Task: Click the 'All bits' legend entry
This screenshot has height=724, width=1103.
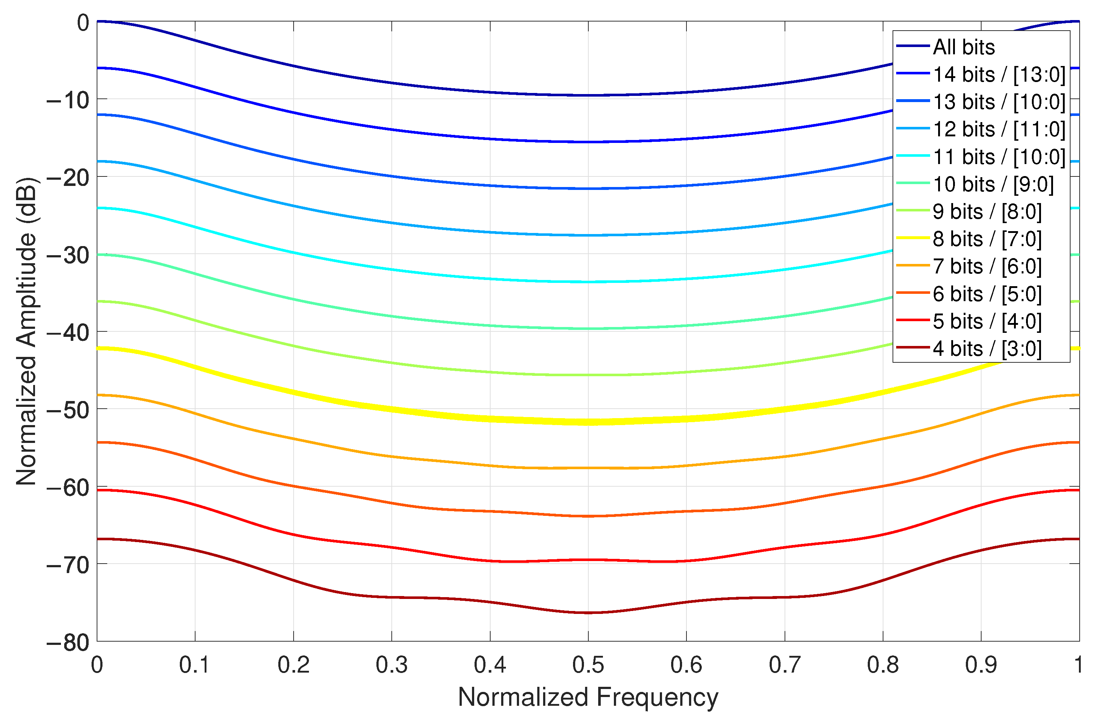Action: (x=964, y=47)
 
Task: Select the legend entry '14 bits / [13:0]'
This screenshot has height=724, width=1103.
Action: (x=999, y=75)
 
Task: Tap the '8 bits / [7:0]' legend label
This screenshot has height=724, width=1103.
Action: (x=987, y=239)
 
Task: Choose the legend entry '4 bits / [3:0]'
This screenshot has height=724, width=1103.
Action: (x=987, y=349)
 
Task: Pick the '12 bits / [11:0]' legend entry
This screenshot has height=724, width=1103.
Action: (x=999, y=129)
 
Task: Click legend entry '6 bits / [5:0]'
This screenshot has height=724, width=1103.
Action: (x=987, y=294)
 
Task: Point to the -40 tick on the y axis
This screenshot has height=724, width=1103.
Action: (x=69, y=332)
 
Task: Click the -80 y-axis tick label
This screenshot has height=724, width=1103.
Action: (x=69, y=642)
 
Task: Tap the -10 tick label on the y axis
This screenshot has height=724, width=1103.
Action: (x=69, y=100)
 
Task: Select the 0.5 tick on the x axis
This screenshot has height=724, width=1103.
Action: (x=588, y=665)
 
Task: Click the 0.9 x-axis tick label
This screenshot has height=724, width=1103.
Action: (x=981, y=665)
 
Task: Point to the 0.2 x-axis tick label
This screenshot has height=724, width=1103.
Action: (x=293, y=665)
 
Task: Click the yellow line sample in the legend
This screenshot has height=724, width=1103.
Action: (x=913, y=238)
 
